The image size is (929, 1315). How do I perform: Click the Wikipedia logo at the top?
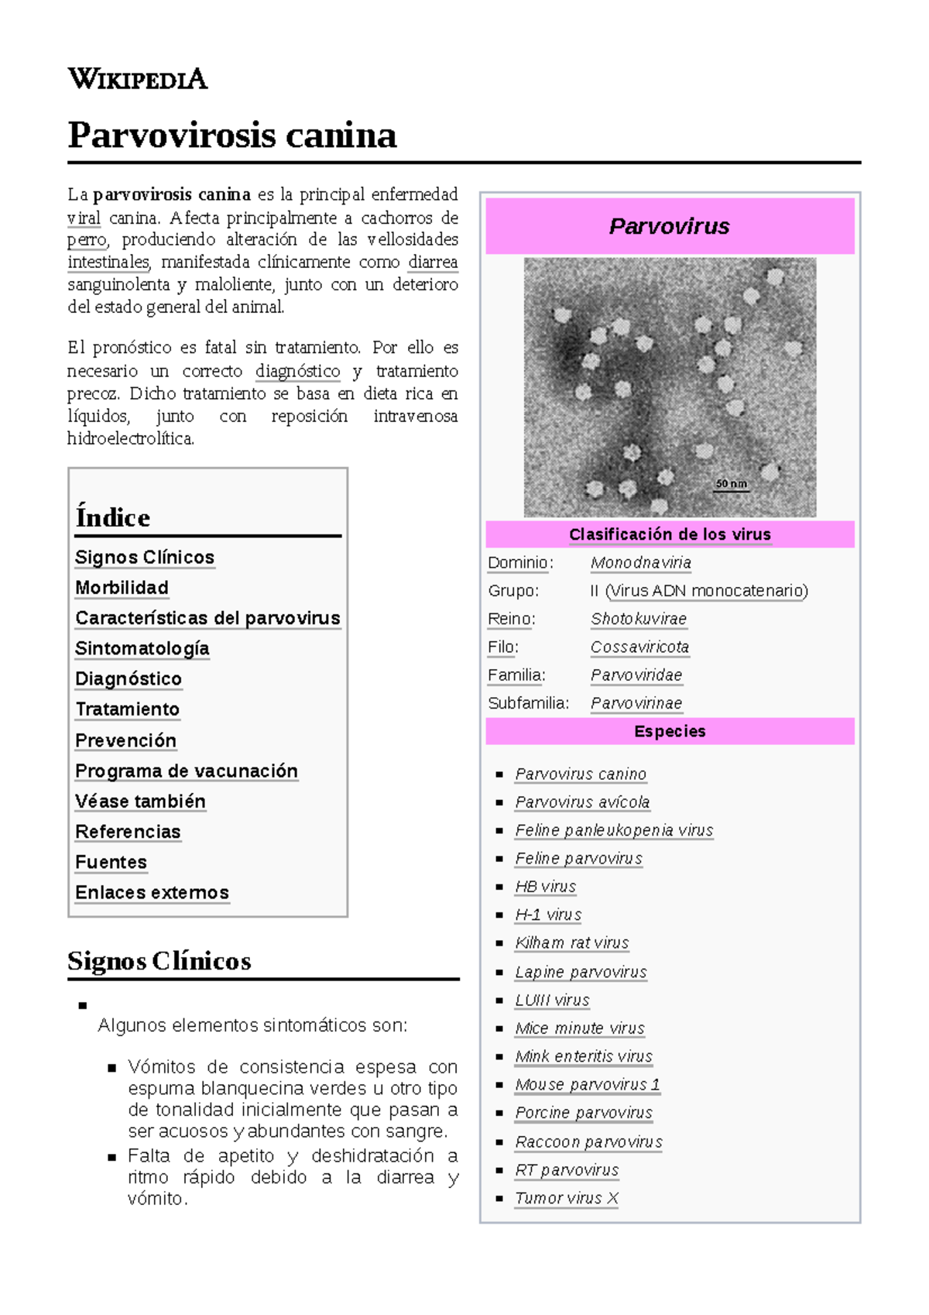[x=138, y=79]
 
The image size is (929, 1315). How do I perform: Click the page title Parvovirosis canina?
[x=232, y=136]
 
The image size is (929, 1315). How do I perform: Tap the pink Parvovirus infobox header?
[x=670, y=226]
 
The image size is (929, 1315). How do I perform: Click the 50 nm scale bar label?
[x=731, y=484]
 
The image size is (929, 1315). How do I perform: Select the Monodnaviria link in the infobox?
[x=640, y=563]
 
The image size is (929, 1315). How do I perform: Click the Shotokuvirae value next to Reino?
[x=638, y=619]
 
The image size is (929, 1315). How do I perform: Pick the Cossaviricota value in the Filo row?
[x=639, y=647]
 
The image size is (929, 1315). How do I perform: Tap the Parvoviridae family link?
[x=636, y=675]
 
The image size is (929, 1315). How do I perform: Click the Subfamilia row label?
[x=528, y=703]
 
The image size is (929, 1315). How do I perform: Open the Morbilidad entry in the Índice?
[x=122, y=588]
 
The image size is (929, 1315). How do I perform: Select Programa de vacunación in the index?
[x=187, y=771]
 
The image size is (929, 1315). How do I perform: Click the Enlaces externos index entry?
[x=152, y=893]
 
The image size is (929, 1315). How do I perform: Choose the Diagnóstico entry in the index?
[x=129, y=679]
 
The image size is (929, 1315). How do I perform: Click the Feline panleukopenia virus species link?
[x=614, y=830]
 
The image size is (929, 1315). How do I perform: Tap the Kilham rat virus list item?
[x=571, y=942]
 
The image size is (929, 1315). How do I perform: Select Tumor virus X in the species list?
[x=567, y=1198]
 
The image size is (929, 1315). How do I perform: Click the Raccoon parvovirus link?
[x=588, y=1142]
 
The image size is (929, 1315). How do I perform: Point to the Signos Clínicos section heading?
[x=159, y=961]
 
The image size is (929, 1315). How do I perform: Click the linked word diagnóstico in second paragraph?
[x=297, y=371]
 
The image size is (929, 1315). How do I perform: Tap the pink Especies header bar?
[x=670, y=731]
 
